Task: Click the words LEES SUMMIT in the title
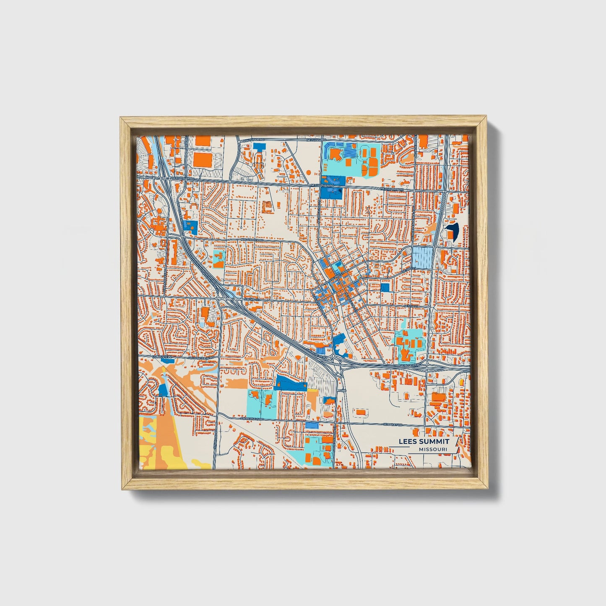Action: tap(424, 442)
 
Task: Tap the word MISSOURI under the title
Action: tap(432, 449)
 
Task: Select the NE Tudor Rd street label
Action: tap(317, 140)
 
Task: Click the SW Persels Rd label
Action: tap(252, 419)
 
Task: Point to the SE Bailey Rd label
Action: tap(393, 424)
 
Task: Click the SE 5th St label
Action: tap(410, 307)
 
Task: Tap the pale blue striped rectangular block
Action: tap(422, 257)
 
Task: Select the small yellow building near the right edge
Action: tap(462, 382)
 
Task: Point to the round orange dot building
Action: tap(309, 172)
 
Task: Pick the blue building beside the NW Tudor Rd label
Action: tap(260, 147)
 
